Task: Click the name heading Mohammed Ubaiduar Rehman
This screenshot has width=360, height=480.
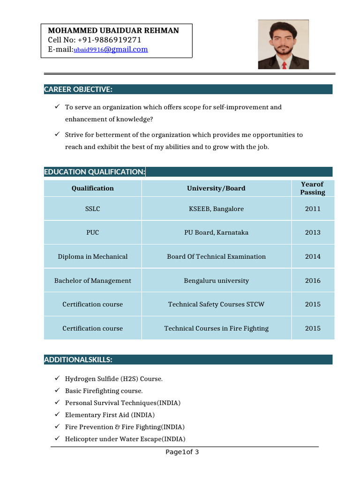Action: pyautogui.click(x=113, y=30)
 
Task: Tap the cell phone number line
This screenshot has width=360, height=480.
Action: pyautogui.click(x=94, y=40)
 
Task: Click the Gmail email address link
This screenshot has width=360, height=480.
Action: pyautogui.click(x=111, y=49)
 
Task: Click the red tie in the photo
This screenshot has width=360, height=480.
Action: pyautogui.click(x=284, y=65)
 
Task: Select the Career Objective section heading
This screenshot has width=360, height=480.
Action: pyautogui.click(x=78, y=90)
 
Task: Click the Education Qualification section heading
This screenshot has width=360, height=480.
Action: pyautogui.click(x=94, y=172)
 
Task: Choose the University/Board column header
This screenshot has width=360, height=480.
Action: pyautogui.click(x=216, y=188)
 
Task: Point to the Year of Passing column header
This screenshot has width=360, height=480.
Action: pyautogui.click(x=312, y=188)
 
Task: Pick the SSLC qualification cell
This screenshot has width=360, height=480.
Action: pyautogui.click(x=92, y=209)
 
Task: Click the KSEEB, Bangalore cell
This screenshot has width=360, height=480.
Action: pyautogui.click(x=216, y=209)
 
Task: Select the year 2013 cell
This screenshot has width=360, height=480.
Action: pyautogui.click(x=313, y=232)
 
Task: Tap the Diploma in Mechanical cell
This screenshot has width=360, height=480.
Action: pyautogui.click(x=92, y=257)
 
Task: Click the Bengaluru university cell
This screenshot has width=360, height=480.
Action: pyautogui.click(x=216, y=281)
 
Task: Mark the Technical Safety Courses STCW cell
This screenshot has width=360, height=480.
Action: pyautogui.click(x=216, y=305)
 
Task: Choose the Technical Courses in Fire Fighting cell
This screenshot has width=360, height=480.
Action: pyautogui.click(x=216, y=329)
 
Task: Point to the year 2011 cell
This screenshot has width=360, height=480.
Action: pyautogui.click(x=313, y=209)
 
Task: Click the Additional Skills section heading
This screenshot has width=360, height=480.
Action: pyautogui.click(x=78, y=360)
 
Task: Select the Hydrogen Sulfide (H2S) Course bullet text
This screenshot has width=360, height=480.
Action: pyautogui.click(x=113, y=379)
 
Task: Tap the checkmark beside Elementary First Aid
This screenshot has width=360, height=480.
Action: pyautogui.click(x=56, y=414)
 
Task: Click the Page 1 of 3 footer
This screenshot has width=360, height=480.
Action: pyautogui.click(x=182, y=452)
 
